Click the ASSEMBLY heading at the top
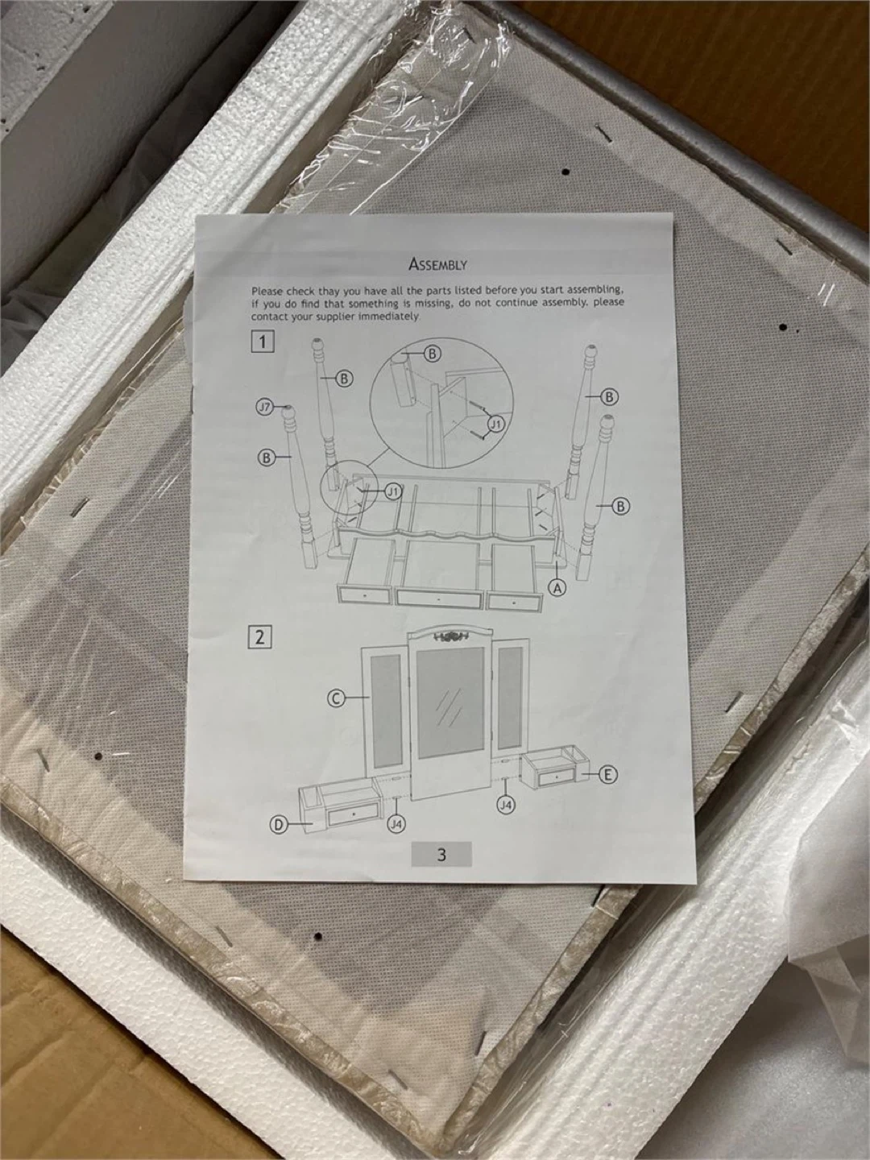(x=437, y=265)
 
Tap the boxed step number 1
(x=261, y=342)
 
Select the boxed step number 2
(x=259, y=637)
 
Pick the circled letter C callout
(x=336, y=698)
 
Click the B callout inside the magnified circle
(x=433, y=354)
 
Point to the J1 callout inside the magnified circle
(x=496, y=423)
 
